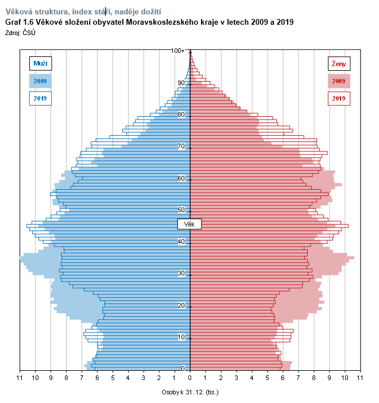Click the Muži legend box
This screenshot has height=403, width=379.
coord(40,63)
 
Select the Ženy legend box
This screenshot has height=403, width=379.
coord(339,63)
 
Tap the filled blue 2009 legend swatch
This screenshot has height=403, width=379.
coord(40,81)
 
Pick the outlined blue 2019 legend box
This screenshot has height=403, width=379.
coord(40,99)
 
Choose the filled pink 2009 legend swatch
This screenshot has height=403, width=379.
coord(339,81)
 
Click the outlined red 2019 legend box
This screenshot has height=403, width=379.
coord(339,99)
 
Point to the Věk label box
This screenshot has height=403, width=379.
coord(189,223)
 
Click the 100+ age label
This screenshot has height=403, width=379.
coord(178,51)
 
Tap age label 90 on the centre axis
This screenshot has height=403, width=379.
coord(181,83)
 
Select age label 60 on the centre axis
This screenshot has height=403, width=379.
coord(181,178)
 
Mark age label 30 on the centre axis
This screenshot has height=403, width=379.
coord(181,274)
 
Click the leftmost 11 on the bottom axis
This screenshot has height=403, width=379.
coord(20,378)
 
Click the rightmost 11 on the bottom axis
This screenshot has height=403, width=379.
coord(360,378)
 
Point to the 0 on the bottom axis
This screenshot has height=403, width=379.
coord(190,378)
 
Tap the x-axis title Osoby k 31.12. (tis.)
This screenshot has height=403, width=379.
coord(190,392)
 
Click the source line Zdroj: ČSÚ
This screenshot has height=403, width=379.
coord(21,33)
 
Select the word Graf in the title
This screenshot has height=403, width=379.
coord(13,22)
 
